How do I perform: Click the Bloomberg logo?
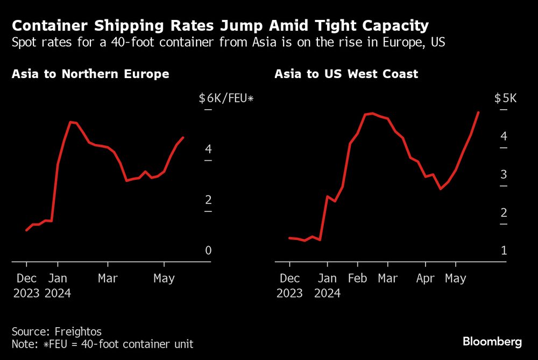(x=492, y=342)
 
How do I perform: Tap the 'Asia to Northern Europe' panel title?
(x=90, y=74)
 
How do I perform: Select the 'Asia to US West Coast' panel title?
(x=346, y=74)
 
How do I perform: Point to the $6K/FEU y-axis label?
(x=225, y=98)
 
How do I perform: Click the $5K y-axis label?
(x=505, y=98)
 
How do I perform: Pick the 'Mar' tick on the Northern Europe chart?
(x=108, y=279)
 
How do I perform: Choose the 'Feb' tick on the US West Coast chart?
(x=358, y=279)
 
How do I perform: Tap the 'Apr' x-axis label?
(x=426, y=279)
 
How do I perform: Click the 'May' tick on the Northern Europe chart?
(x=164, y=279)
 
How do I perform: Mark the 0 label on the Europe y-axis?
(x=208, y=251)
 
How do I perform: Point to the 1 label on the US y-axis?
(x=504, y=251)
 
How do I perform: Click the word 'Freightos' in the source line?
(x=79, y=331)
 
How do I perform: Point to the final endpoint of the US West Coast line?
(x=478, y=112)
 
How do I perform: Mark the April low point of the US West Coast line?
(x=441, y=188)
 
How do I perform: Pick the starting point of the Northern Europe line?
(x=26, y=230)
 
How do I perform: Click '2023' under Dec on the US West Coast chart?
(x=289, y=293)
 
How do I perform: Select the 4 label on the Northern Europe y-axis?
(x=208, y=149)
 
